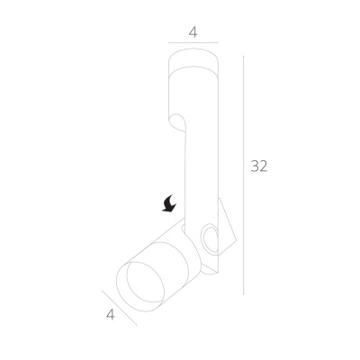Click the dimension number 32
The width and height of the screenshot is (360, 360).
[259, 166]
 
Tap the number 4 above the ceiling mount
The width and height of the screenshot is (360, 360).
[193, 32]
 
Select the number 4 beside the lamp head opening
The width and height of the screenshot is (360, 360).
[111, 315]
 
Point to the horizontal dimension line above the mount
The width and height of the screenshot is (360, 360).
[193, 43]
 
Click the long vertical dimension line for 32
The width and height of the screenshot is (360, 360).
[243, 175]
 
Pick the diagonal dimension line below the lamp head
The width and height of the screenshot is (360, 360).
[120, 308]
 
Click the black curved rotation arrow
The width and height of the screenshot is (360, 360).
[169, 203]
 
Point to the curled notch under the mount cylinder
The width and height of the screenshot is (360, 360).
[178, 122]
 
